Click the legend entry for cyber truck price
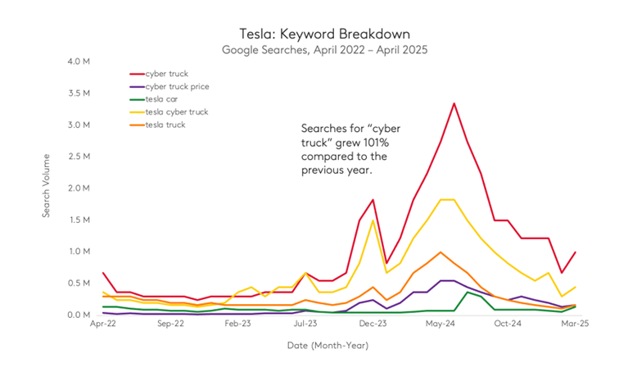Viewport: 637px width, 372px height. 177,87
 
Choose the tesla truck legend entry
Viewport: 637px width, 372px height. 166,124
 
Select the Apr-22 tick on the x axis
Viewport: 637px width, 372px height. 102,324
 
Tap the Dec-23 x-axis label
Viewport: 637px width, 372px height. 373,324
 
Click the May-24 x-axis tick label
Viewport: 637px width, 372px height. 440,324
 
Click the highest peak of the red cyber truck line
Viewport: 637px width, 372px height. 454,103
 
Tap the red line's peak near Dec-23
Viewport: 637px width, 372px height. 373,199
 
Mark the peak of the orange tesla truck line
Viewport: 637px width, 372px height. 440,252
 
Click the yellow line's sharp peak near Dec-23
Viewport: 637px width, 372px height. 373,220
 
